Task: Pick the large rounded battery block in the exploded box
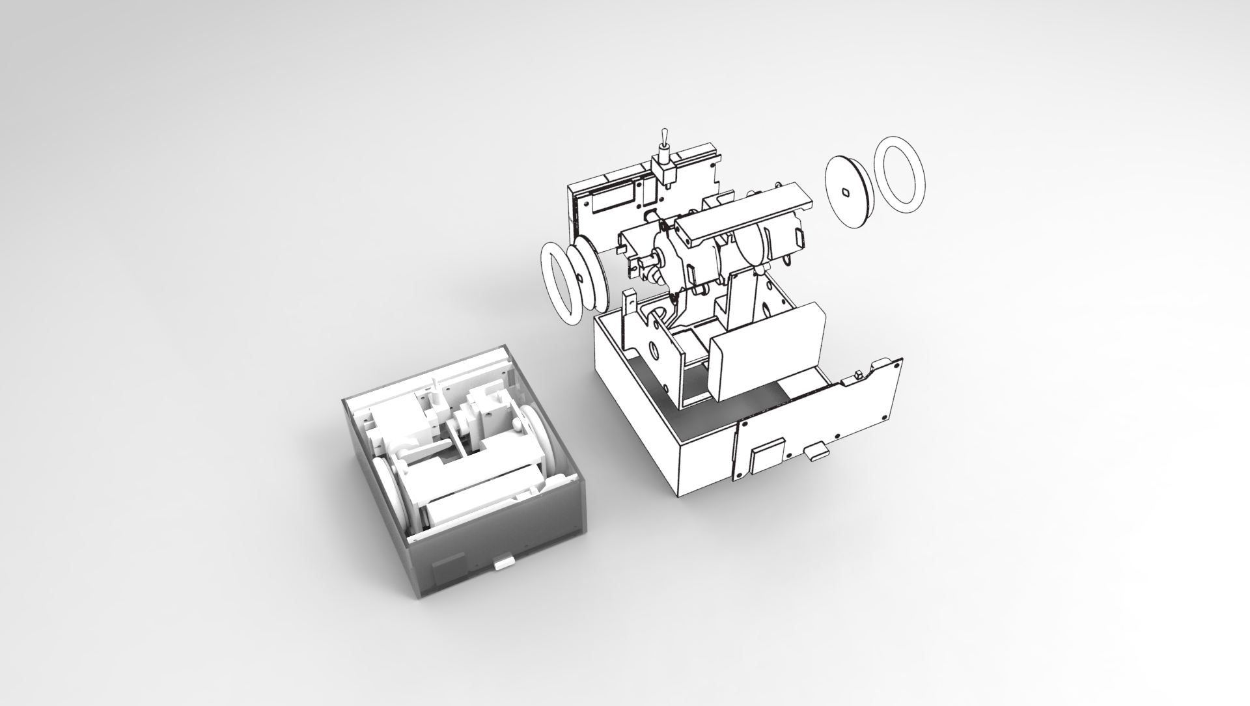pyautogui.click(x=768, y=351)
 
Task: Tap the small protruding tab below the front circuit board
pyautogui.click(x=816, y=453)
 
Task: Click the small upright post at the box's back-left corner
pyautogui.click(x=630, y=303)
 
